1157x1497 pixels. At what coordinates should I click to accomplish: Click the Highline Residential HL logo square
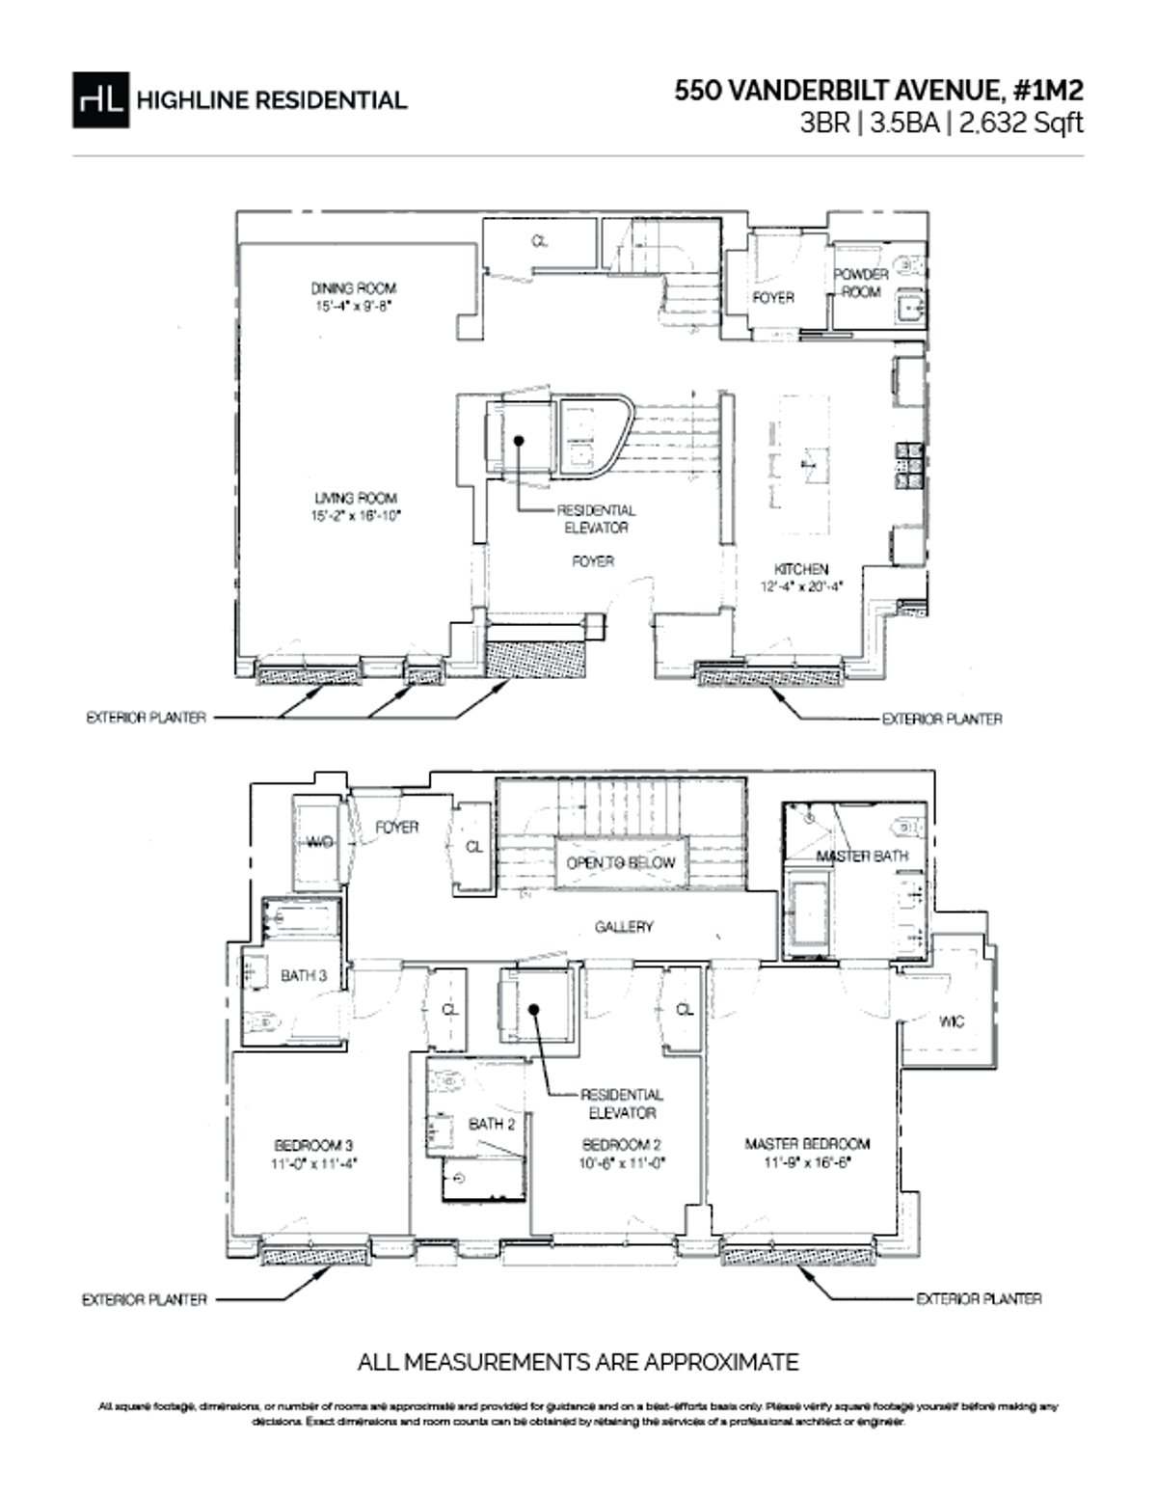tap(100, 99)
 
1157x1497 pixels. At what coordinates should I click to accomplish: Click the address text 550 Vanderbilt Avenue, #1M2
tap(878, 91)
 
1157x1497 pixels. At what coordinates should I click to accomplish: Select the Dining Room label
tap(353, 287)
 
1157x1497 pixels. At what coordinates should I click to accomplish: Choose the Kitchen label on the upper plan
tap(801, 569)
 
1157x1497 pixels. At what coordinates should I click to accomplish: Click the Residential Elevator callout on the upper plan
tap(596, 519)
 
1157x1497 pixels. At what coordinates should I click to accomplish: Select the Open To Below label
tap(621, 862)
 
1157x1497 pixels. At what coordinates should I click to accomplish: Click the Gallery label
tap(624, 926)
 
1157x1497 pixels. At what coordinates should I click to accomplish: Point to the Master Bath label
tap(862, 857)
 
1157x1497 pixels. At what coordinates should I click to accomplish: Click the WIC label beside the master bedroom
tap(951, 1021)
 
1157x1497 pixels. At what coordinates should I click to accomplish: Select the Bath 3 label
tap(304, 975)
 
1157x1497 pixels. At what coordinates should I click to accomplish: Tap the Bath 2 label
tap(492, 1124)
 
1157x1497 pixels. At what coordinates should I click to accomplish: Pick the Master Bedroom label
tap(807, 1144)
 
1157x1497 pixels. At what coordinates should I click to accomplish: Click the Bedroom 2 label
tap(621, 1144)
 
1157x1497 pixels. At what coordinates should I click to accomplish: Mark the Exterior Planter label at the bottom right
tap(978, 1298)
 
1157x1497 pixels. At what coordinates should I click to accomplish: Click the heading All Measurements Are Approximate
tap(578, 1362)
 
